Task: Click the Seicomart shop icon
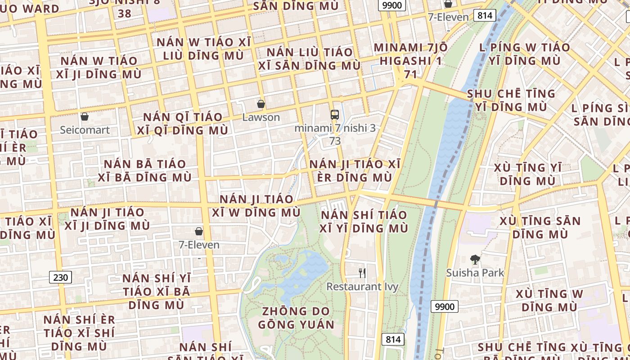(x=85, y=117)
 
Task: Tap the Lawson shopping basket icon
(x=261, y=104)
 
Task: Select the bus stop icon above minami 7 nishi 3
(x=335, y=114)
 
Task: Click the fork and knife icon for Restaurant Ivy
(x=362, y=273)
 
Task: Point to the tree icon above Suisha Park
(x=475, y=259)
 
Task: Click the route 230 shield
(x=61, y=277)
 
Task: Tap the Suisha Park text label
(x=475, y=273)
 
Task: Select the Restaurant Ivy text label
(x=362, y=287)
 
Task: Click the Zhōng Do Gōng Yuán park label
(x=296, y=318)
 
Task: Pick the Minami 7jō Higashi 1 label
(x=410, y=60)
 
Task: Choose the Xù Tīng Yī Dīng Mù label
(x=527, y=174)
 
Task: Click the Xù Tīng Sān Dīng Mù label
(x=540, y=227)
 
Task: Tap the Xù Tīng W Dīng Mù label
(x=549, y=301)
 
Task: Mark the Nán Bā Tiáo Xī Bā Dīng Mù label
(x=145, y=171)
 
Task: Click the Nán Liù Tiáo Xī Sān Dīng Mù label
(x=310, y=58)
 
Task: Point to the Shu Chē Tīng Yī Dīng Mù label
(x=511, y=100)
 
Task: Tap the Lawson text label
(x=261, y=117)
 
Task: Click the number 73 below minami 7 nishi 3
(x=335, y=141)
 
